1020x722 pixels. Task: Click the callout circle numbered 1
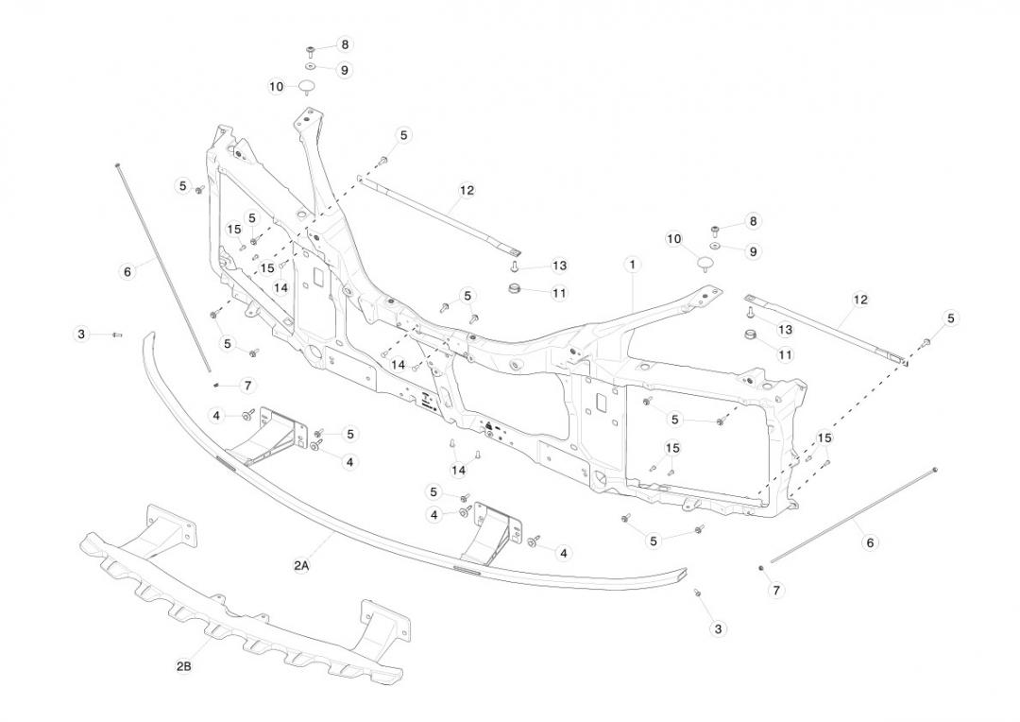(632, 265)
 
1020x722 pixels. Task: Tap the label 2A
(301, 565)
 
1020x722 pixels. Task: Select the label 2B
(184, 666)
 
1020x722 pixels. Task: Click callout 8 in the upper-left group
(345, 44)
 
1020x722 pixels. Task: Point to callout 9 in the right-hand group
(753, 251)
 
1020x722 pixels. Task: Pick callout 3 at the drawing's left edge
(81, 334)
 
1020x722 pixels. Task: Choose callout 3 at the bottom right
(718, 628)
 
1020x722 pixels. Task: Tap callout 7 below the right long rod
(777, 591)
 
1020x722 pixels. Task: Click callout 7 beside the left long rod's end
(247, 386)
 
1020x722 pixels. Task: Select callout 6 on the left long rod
(127, 271)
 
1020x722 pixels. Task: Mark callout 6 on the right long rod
(870, 542)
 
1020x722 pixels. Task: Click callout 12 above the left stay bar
(467, 190)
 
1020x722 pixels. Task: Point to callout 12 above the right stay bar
(860, 300)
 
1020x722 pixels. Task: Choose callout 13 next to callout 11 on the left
(559, 266)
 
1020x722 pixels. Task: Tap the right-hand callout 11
(785, 354)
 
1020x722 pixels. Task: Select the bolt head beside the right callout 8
(715, 229)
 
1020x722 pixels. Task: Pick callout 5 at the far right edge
(951, 318)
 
